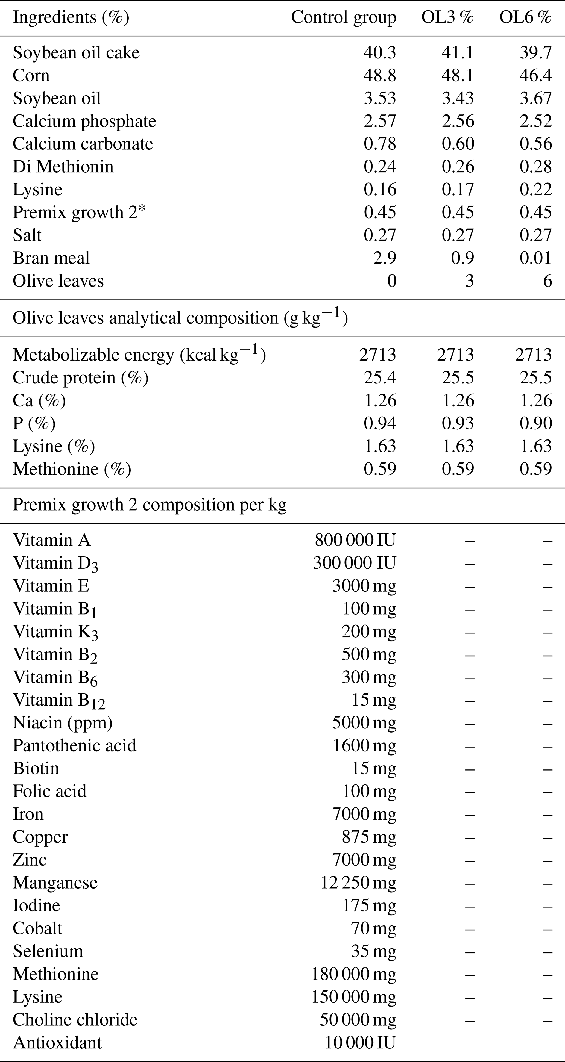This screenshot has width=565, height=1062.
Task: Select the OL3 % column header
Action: [x=447, y=17]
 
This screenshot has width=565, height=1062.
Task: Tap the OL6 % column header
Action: [x=525, y=17]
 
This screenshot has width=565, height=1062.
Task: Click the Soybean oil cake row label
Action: [x=76, y=53]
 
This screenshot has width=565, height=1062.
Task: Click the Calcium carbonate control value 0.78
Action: [x=379, y=144]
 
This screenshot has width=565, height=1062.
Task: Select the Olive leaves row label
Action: [x=58, y=281]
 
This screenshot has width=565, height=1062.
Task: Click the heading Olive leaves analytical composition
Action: [x=180, y=318]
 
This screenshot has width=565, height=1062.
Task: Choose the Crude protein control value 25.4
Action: [x=379, y=378]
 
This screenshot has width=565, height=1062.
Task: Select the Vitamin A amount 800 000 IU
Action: [x=355, y=540]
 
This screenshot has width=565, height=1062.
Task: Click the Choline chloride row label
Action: [x=75, y=1020]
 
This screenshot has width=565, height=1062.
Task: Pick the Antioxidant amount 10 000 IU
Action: [x=360, y=1043]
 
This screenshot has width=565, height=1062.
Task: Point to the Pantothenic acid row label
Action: [x=74, y=746]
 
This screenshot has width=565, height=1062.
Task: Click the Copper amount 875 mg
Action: [x=368, y=837]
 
